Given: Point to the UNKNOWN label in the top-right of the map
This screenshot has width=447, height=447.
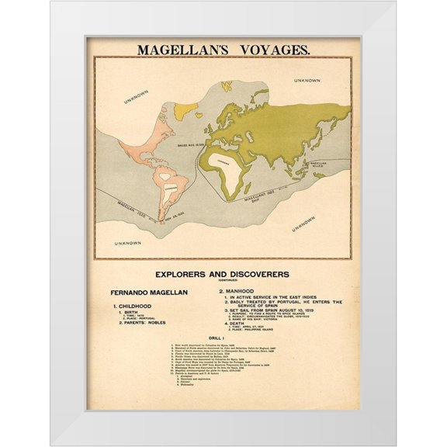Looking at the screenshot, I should tap(308, 80).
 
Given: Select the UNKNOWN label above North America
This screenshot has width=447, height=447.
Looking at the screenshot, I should tap(137, 97).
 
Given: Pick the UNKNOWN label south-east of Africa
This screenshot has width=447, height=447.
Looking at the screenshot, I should tap(303, 223).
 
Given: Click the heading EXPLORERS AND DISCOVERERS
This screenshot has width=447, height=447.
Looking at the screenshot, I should tap(222, 274).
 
